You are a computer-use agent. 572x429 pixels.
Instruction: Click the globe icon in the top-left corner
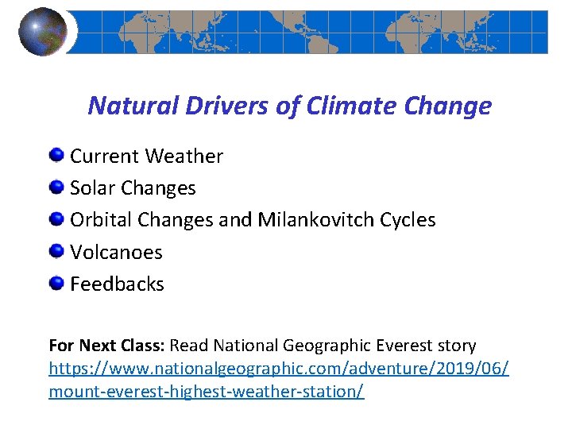(x=42, y=32)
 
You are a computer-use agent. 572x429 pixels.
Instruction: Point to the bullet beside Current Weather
(x=57, y=155)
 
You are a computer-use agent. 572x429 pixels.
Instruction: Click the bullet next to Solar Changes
(x=57, y=187)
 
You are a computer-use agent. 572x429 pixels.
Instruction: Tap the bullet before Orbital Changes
(x=57, y=219)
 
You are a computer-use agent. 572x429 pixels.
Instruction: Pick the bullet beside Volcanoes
(x=57, y=251)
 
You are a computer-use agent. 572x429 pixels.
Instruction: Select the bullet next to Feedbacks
(x=57, y=283)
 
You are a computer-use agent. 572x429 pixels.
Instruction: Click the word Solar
(x=92, y=188)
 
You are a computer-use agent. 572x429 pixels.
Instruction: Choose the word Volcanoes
(x=116, y=252)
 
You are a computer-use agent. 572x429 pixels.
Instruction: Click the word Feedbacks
(x=117, y=284)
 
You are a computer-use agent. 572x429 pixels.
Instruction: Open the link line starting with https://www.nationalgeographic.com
(x=279, y=369)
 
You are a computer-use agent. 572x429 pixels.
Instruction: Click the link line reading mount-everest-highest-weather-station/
(x=207, y=392)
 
